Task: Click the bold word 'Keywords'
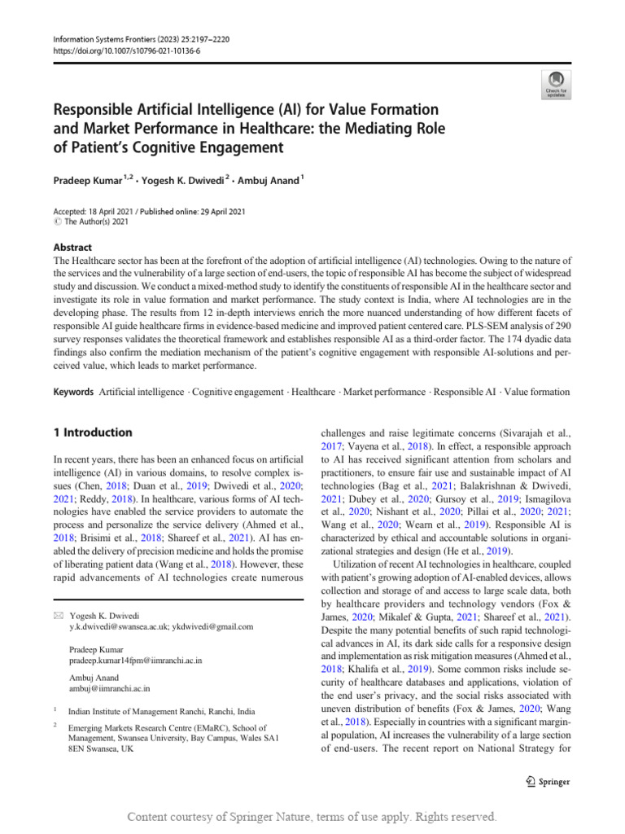72,392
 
